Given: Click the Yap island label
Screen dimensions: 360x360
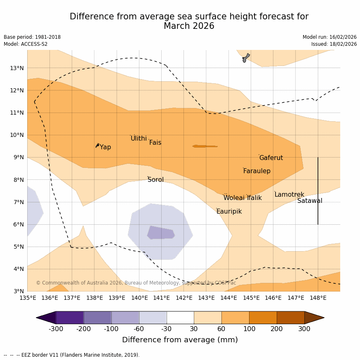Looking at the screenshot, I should pos(105,147).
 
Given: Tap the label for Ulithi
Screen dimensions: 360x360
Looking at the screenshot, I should pos(139,139).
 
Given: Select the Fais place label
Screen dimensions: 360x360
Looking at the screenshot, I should pos(155,143).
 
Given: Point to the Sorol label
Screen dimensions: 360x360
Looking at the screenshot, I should pos(155,180).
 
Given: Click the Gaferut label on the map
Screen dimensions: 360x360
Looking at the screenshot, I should pos(271,158).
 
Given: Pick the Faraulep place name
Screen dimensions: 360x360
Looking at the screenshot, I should pos(256,171).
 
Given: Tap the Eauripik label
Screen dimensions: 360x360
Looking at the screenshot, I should pos(229,212).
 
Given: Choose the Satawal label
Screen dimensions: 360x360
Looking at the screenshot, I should pos(310,201).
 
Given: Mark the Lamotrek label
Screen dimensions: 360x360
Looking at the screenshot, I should pos(289,195).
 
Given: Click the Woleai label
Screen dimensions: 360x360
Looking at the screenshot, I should pos(234,198).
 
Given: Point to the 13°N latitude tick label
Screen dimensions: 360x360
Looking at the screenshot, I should pos(17,68).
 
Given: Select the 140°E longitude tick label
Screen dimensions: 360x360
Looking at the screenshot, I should pos(139,298).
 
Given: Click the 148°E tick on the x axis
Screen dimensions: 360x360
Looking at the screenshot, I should pos(318,298).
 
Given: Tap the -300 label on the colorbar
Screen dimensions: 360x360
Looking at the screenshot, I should pos(56,329).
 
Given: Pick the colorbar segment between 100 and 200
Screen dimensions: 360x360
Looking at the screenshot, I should pos(263,318).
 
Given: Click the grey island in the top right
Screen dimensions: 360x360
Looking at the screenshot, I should pos(246,57).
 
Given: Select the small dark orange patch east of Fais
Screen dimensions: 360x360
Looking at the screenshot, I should pos(205,146).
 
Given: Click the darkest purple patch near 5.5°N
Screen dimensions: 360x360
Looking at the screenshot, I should pos(161,233).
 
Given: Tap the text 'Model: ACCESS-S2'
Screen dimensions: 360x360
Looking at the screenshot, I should pos(26,44).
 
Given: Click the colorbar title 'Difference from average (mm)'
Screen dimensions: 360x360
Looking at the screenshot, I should pos(180,340).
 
